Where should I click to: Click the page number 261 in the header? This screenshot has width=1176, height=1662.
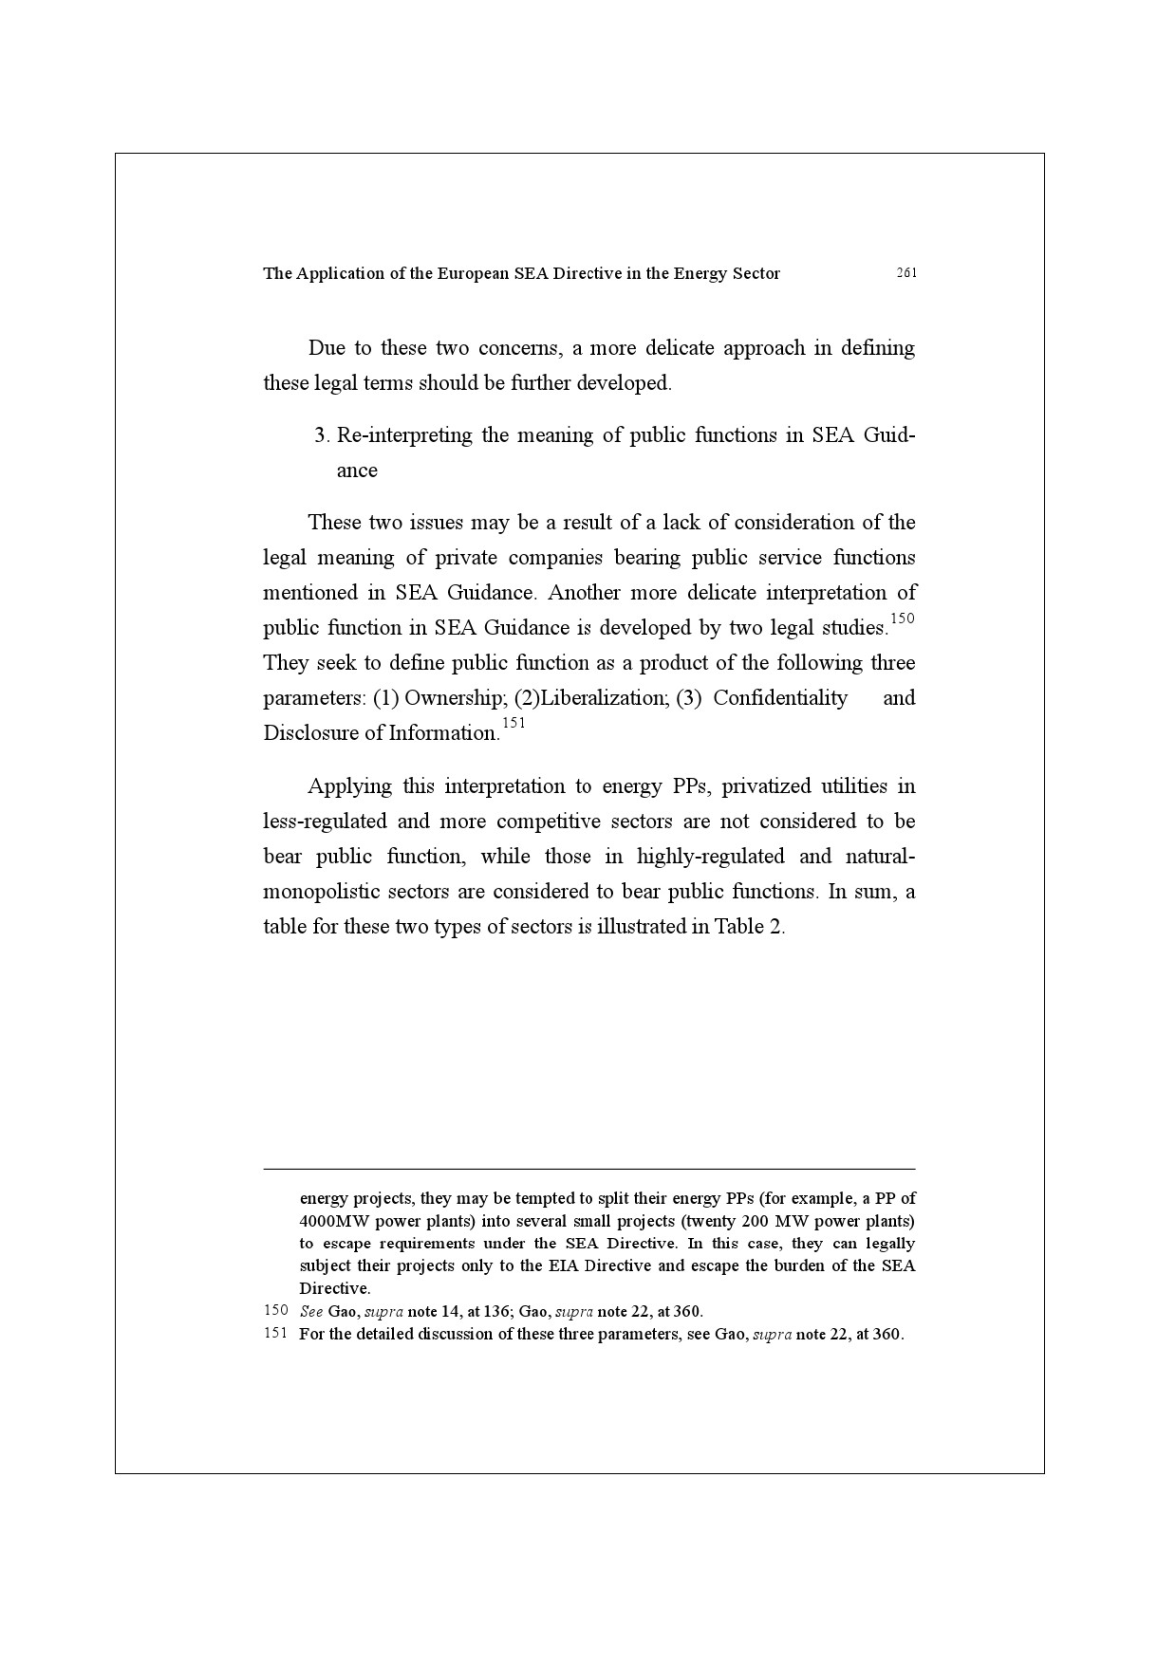tap(906, 273)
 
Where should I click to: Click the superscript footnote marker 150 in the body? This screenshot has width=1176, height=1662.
tap(901, 619)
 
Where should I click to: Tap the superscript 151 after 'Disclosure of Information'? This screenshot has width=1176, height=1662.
tap(513, 723)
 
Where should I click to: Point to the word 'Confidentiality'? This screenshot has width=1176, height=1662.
tap(780, 698)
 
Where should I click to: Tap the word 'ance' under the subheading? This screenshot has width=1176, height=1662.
tap(357, 471)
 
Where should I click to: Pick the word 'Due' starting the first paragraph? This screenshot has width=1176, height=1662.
tap(326, 348)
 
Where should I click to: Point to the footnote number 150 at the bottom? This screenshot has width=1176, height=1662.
tap(276, 1310)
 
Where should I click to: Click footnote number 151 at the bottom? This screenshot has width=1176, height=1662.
tap(276, 1333)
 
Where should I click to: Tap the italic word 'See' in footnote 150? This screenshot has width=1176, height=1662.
tap(311, 1311)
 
